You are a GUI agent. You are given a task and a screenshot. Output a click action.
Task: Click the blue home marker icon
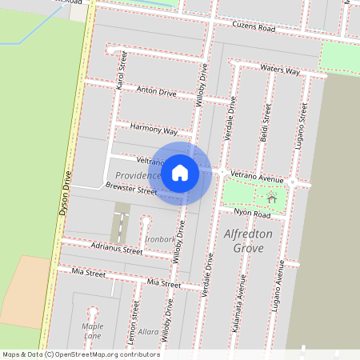point(180,172)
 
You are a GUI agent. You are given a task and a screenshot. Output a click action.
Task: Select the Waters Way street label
point(280,70)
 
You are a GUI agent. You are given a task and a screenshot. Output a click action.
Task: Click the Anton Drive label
point(157,92)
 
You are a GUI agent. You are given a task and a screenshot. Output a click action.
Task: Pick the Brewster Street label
point(131,190)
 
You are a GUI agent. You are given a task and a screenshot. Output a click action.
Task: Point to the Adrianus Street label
point(117,250)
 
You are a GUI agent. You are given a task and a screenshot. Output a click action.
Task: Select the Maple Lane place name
point(93,330)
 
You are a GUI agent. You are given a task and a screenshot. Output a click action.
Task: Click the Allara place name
point(148,331)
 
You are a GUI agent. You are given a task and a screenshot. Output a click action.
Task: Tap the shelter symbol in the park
point(272,198)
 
